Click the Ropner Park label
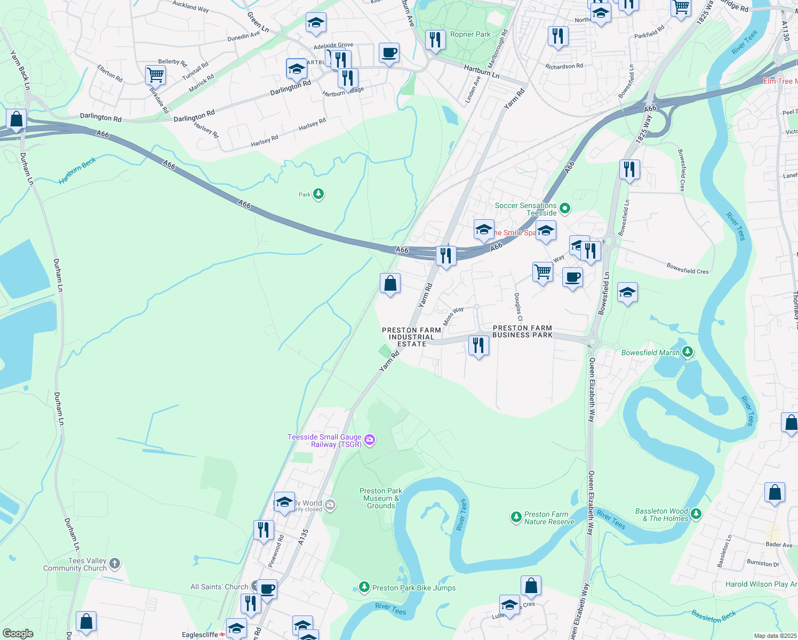470,34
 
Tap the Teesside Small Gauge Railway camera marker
370,441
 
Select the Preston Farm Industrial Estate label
411,337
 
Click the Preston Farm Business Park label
522,332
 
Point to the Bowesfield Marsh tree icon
688,352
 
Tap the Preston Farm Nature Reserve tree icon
516,517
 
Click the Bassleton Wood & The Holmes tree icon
696,514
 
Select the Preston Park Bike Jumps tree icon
364,587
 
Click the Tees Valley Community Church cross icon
115,564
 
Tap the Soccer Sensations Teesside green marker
565,209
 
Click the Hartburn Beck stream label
77,171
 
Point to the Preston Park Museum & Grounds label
381,498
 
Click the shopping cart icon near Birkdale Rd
155,75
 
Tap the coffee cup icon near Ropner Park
389,53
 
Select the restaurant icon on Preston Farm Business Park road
478,345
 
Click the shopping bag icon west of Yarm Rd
390,283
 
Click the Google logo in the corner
18,634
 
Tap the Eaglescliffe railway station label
199,635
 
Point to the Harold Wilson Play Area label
761,584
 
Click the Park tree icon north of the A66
318,194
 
